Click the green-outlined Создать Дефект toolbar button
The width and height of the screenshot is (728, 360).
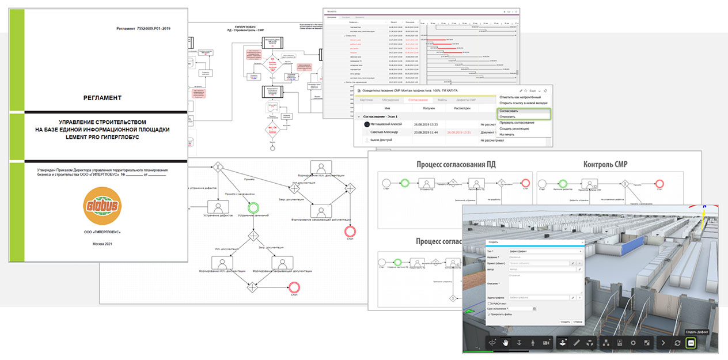click(x=692, y=343)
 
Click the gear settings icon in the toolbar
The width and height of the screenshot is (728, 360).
click(x=633, y=343)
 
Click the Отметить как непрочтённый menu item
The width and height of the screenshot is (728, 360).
click(x=520, y=97)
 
